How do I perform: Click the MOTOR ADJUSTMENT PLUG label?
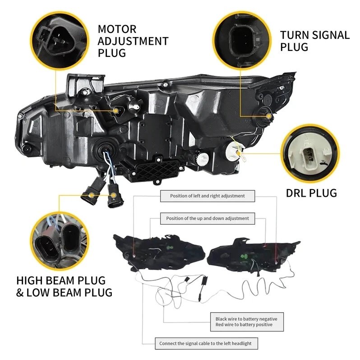[x=133, y=41]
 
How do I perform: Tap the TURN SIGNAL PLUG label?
[x=314, y=41]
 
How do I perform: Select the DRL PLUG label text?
[x=311, y=193]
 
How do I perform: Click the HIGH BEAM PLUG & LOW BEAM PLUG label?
[x=64, y=286]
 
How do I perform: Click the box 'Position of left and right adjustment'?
[x=208, y=196]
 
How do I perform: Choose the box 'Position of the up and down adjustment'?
[x=208, y=218]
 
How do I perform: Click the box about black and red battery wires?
[x=246, y=322]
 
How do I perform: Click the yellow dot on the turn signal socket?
[x=270, y=116]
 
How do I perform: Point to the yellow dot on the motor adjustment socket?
[x=116, y=110]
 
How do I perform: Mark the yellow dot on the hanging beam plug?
[x=92, y=195]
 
